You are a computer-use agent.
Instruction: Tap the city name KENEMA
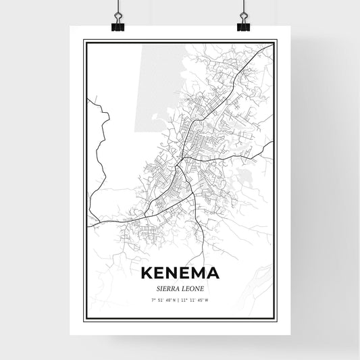pyautogui.click(x=180, y=274)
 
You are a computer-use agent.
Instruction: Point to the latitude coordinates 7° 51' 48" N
pyautogui.click(x=164, y=299)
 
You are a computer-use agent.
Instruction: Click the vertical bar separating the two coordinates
pyautogui.click(x=180, y=299)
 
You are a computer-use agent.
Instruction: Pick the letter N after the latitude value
pyautogui.click(x=174, y=299)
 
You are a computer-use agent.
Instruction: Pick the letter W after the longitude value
pyautogui.click(x=207, y=299)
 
